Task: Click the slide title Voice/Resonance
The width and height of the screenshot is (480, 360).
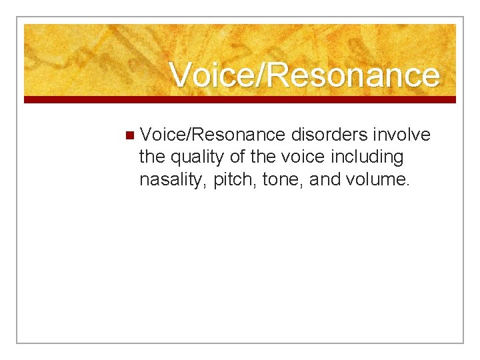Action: (x=305, y=75)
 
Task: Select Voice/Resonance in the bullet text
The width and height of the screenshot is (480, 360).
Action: (x=213, y=135)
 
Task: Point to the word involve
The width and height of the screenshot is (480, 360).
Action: (x=401, y=135)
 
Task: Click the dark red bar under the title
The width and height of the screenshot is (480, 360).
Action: (x=240, y=99)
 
